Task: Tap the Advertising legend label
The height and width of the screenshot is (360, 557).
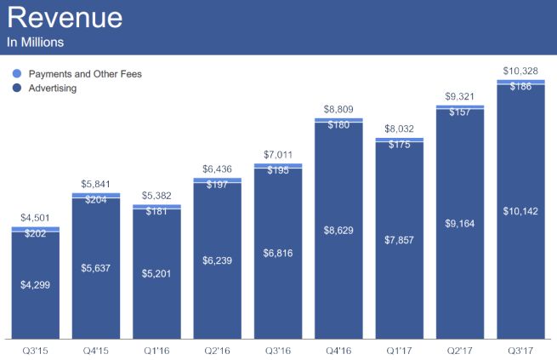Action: pos(53,88)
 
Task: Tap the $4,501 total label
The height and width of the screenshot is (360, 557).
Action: pos(35,219)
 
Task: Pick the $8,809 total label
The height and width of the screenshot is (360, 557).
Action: pos(338,109)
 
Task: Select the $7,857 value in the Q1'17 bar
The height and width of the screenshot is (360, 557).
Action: pos(399,241)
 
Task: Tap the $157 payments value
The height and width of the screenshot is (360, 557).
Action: pos(460,112)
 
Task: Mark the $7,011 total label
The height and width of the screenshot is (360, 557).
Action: pos(278,155)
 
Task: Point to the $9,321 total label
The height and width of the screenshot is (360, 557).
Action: pos(460,96)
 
